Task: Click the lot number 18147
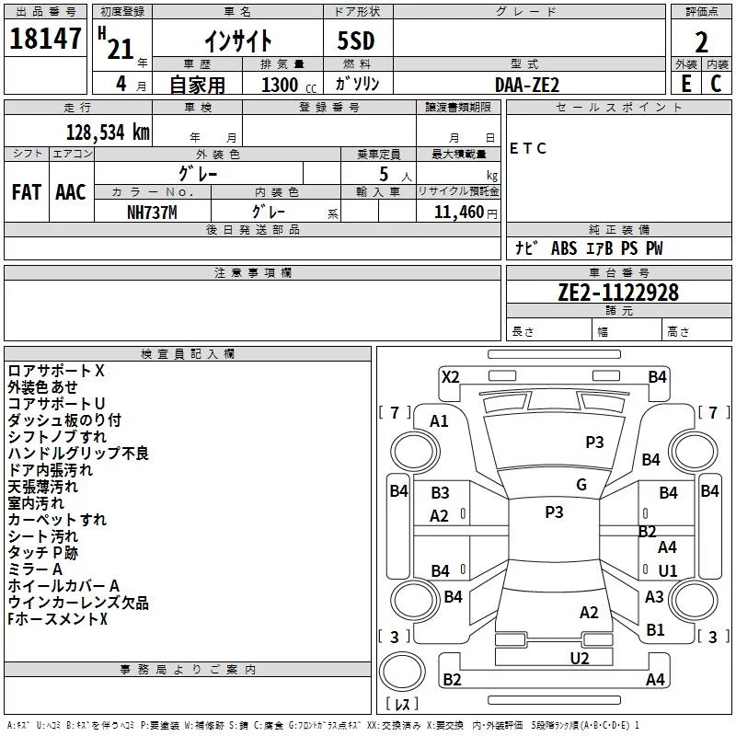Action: [44, 40]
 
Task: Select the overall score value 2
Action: [701, 41]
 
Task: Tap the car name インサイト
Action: [237, 40]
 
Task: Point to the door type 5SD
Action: [357, 40]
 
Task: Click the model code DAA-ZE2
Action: [526, 85]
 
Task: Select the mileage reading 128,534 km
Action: [108, 132]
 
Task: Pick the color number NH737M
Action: [153, 211]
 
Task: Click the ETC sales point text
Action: [528, 148]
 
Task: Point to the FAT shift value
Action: [26, 191]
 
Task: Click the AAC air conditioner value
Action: [70, 191]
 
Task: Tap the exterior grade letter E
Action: [685, 84]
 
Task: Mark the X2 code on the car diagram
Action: [450, 376]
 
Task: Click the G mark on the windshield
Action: [581, 485]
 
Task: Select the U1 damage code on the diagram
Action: [667, 570]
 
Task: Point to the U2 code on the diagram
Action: [579, 657]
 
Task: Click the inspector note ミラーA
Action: [35, 569]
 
